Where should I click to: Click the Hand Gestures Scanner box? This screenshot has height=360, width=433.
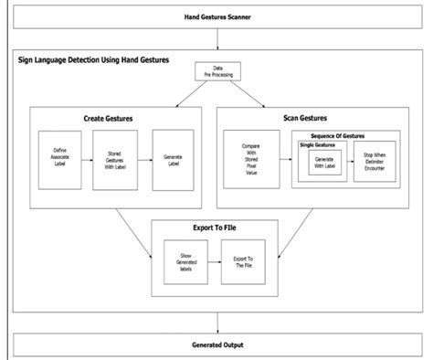tap(216, 17)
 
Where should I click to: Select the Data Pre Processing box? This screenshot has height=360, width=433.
tap(216, 72)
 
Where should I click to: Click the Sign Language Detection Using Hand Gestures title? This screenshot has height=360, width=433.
tap(93, 60)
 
